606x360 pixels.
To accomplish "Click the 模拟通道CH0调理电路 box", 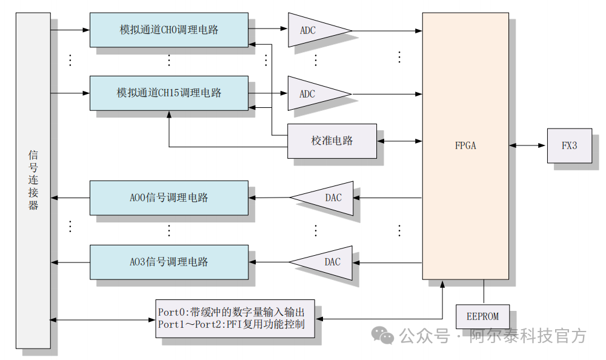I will [168, 29].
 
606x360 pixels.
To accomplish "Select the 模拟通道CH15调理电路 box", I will [168, 93].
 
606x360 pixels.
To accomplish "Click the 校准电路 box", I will [331, 141].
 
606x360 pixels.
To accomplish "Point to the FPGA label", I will [465, 145].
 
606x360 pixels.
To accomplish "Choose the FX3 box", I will [569, 145].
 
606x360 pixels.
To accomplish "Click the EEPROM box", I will [482, 316].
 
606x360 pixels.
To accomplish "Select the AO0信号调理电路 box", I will [168, 198].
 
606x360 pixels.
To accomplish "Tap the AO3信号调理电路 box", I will [168, 262].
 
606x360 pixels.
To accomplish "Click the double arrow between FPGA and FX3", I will [528, 145].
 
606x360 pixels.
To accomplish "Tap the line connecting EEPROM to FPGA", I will [484, 292].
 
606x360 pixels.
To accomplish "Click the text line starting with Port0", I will [231, 312].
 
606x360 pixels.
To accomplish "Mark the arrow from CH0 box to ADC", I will [267, 28].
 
